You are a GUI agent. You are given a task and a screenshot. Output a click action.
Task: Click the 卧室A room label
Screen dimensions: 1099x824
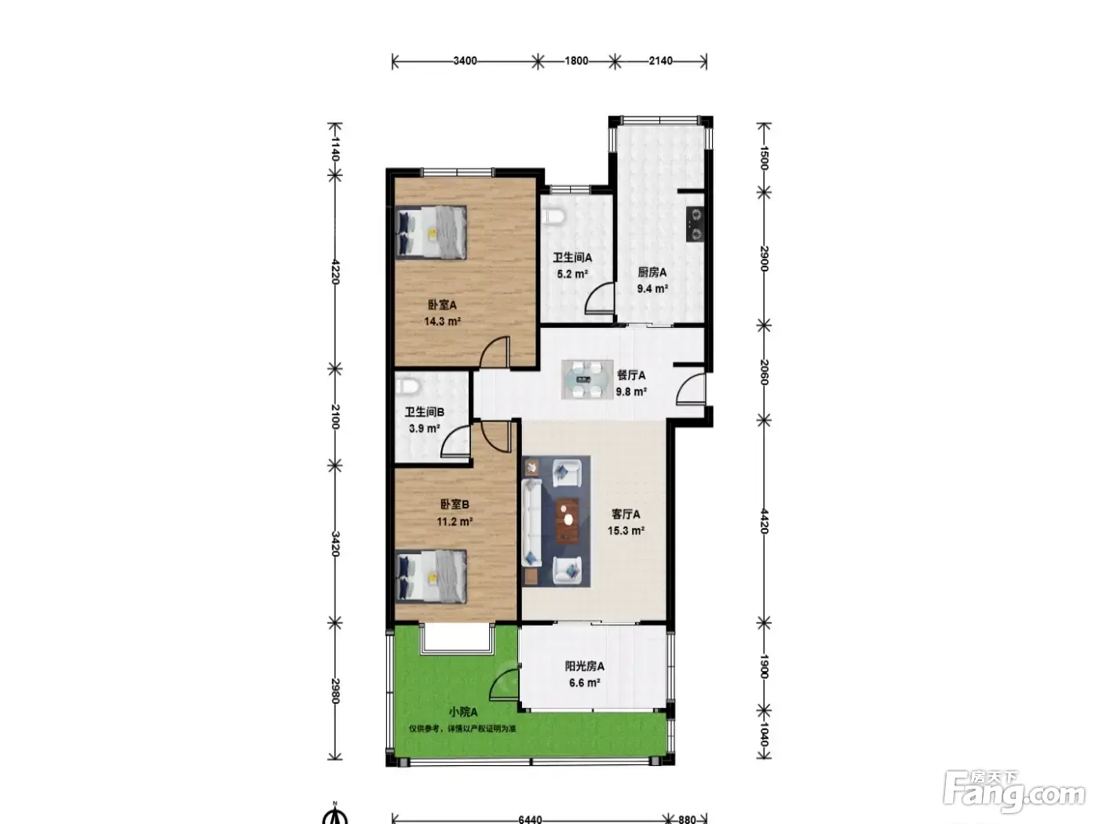click(442, 304)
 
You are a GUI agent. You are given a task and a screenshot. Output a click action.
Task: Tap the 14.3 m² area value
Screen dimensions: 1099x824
click(442, 321)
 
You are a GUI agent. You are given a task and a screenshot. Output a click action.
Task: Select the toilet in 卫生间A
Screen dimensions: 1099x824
click(553, 216)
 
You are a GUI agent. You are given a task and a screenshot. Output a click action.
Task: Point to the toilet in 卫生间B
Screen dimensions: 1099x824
click(407, 386)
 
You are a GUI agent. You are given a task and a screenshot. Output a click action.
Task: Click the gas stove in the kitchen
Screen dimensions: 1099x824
click(695, 224)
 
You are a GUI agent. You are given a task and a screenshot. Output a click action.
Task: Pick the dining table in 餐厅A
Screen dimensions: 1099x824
click(587, 379)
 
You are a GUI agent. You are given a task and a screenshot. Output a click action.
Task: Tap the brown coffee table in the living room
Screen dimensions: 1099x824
click(567, 520)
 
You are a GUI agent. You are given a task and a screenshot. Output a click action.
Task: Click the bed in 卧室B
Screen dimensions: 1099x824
click(431, 576)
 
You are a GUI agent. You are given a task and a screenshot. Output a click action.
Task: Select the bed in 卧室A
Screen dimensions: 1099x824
click(431, 232)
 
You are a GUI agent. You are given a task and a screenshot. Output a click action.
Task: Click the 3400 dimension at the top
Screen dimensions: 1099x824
click(465, 61)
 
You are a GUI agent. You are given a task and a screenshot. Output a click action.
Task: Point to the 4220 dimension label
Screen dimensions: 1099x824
click(335, 272)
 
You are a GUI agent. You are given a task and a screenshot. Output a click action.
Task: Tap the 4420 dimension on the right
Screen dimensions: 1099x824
click(764, 521)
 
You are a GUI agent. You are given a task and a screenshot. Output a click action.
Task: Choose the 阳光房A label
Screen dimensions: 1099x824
click(584, 666)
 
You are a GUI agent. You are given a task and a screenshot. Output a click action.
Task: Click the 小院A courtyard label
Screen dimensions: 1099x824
click(462, 712)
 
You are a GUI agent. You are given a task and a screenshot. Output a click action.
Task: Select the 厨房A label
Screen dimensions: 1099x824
click(652, 272)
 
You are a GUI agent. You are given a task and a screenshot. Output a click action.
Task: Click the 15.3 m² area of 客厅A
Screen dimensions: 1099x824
click(626, 530)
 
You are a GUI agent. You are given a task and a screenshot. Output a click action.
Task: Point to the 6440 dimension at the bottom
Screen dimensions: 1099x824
click(530, 819)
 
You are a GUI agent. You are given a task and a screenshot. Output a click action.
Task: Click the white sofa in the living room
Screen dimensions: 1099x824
click(531, 523)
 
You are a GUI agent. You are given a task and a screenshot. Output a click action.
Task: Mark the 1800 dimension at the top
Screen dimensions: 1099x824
click(576, 61)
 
